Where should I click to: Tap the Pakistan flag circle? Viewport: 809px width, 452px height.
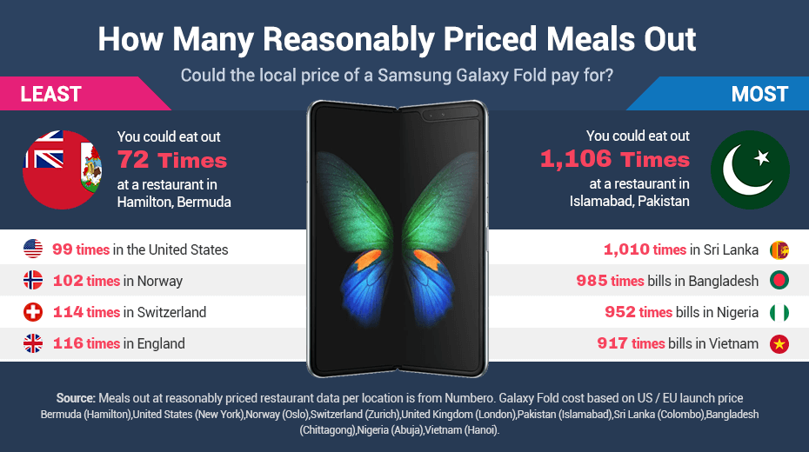point(750,169)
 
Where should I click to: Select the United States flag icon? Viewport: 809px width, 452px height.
point(33,249)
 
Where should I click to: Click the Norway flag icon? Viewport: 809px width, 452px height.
point(33,281)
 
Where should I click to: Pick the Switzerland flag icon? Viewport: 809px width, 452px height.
point(33,312)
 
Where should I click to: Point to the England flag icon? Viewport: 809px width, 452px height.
point(33,343)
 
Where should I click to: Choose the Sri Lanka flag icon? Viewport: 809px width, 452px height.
point(779,249)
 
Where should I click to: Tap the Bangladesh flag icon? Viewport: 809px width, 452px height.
point(779,281)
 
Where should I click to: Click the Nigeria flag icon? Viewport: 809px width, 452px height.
point(779,312)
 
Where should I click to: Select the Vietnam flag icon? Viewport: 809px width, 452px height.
point(779,343)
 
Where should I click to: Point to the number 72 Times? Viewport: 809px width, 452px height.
point(171,160)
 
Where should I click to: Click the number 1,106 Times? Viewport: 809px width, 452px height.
point(614,159)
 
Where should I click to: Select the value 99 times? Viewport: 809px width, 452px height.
point(80,249)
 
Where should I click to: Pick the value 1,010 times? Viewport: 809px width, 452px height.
point(645,249)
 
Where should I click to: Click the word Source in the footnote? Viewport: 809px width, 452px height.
point(75,397)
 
